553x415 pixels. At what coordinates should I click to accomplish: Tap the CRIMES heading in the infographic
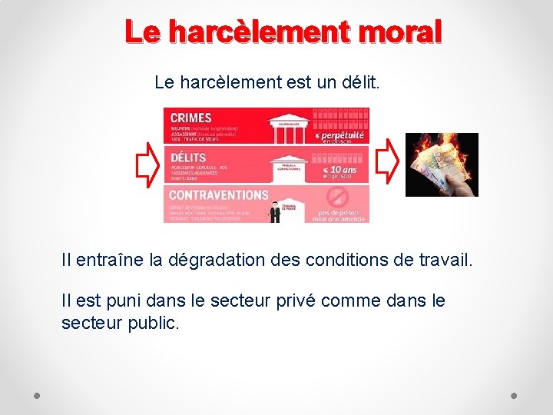tap(190, 118)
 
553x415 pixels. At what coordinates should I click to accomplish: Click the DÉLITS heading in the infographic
tap(188, 158)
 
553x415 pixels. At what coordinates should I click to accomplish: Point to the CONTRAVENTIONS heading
tap(219, 195)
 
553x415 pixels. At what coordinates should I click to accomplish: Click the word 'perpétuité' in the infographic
tap(343, 135)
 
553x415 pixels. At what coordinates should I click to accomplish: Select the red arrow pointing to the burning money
tap(389, 159)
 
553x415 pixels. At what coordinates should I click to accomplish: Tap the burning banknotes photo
tap(442, 164)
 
